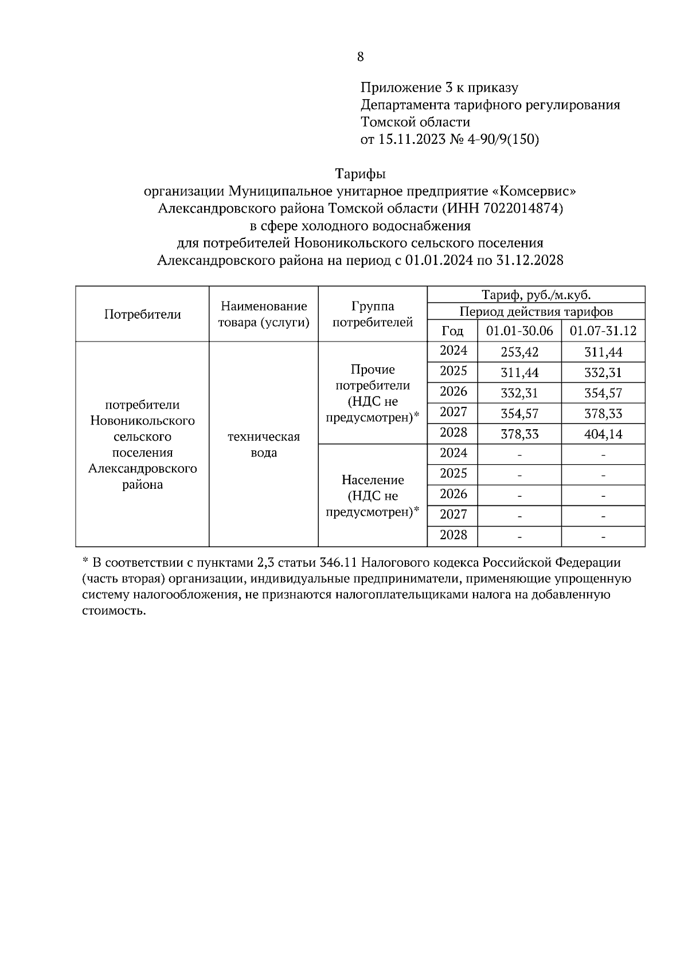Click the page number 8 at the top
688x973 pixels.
click(x=360, y=57)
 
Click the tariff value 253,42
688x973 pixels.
click(x=519, y=352)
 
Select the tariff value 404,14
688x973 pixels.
click(x=603, y=434)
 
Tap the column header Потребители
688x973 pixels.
click(x=142, y=314)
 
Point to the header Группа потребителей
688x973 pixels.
click(x=373, y=314)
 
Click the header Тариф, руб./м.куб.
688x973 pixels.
click(x=535, y=295)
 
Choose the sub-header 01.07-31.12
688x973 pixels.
click(x=603, y=331)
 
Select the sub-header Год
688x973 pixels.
click(x=452, y=331)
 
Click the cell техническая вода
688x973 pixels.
click(x=264, y=445)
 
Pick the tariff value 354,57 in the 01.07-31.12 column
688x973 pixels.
click(x=603, y=393)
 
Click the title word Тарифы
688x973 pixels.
click(x=360, y=173)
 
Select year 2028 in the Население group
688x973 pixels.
click(x=453, y=535)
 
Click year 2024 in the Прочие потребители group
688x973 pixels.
click(x=453, y=351)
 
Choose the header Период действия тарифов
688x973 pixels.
click(x=535, y=312)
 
